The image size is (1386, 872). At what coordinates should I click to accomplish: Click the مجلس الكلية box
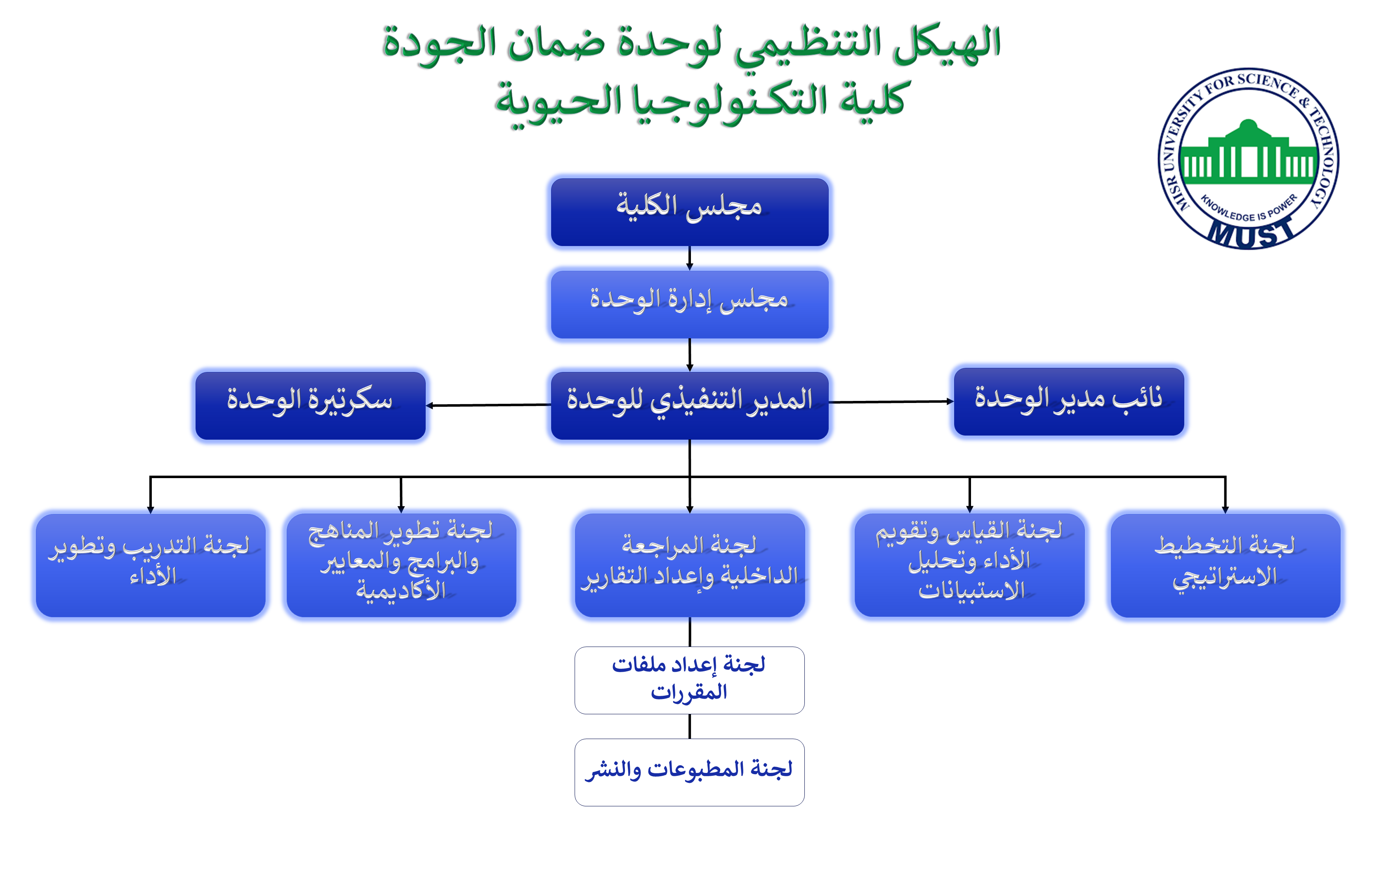point(689,212)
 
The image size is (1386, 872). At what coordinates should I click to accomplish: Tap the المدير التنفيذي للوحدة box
point(689,405)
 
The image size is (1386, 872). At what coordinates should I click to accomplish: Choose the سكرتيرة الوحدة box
point(310,405)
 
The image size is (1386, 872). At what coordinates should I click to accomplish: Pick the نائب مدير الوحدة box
point(1068,401)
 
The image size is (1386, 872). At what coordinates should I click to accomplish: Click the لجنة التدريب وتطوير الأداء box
point(150,565)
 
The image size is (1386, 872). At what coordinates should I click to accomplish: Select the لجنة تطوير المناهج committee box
point(401,565)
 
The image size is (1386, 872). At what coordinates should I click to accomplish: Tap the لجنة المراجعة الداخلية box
point(689,565)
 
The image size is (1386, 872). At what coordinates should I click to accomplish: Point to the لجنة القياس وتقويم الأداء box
point(969,565)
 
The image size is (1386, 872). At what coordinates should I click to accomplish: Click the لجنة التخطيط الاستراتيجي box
point(1225,565)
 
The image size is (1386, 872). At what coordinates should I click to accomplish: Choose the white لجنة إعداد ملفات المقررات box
point(689,680)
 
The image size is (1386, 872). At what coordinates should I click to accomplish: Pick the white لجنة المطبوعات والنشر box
point(689,772)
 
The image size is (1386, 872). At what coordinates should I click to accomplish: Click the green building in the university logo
point(1247,153)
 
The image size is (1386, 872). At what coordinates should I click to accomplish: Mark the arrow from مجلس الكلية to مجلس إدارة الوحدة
point(689,258)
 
